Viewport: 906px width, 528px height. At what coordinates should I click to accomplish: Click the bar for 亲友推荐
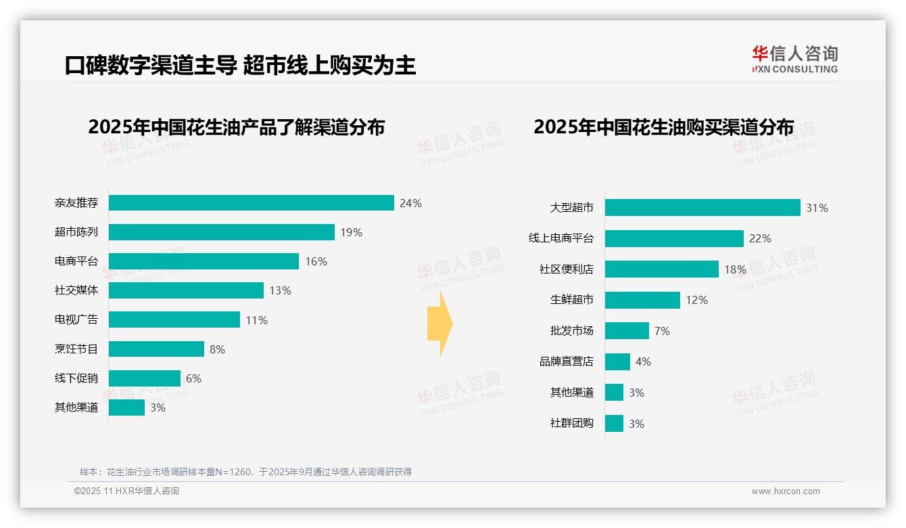[251, 203]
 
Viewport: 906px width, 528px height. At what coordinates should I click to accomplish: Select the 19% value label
[351, 232]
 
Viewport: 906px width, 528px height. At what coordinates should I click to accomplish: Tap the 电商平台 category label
[76, 261]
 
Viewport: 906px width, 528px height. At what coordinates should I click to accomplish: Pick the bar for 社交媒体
[186, 290]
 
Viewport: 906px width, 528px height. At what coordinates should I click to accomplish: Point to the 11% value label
[256, 320]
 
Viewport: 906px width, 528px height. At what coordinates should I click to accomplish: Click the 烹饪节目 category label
[76, 349]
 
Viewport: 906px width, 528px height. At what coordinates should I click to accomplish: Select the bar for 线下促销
[145, 378]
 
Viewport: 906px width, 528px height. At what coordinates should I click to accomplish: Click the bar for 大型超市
[702, 208]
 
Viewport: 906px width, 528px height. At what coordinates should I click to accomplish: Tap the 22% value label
[760, 238]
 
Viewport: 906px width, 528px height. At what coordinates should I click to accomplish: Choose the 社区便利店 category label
[567, 269]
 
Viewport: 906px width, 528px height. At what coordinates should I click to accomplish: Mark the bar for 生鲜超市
[642, 300]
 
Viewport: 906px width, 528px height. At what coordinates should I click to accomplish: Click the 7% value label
[662, 331]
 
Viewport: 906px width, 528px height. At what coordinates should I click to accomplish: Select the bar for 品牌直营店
[617, 361]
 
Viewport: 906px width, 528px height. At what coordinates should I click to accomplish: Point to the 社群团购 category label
[572, 424]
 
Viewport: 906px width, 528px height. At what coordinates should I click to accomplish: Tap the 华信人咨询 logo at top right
[794, 59]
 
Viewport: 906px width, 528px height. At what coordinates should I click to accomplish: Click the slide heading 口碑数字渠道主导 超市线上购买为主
[240, 65]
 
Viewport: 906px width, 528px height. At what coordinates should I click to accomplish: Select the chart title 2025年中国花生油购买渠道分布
[663, 127]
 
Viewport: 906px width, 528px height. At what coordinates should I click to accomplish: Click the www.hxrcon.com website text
[786, 491]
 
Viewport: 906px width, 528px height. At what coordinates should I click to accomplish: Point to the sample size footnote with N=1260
[245, 472]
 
